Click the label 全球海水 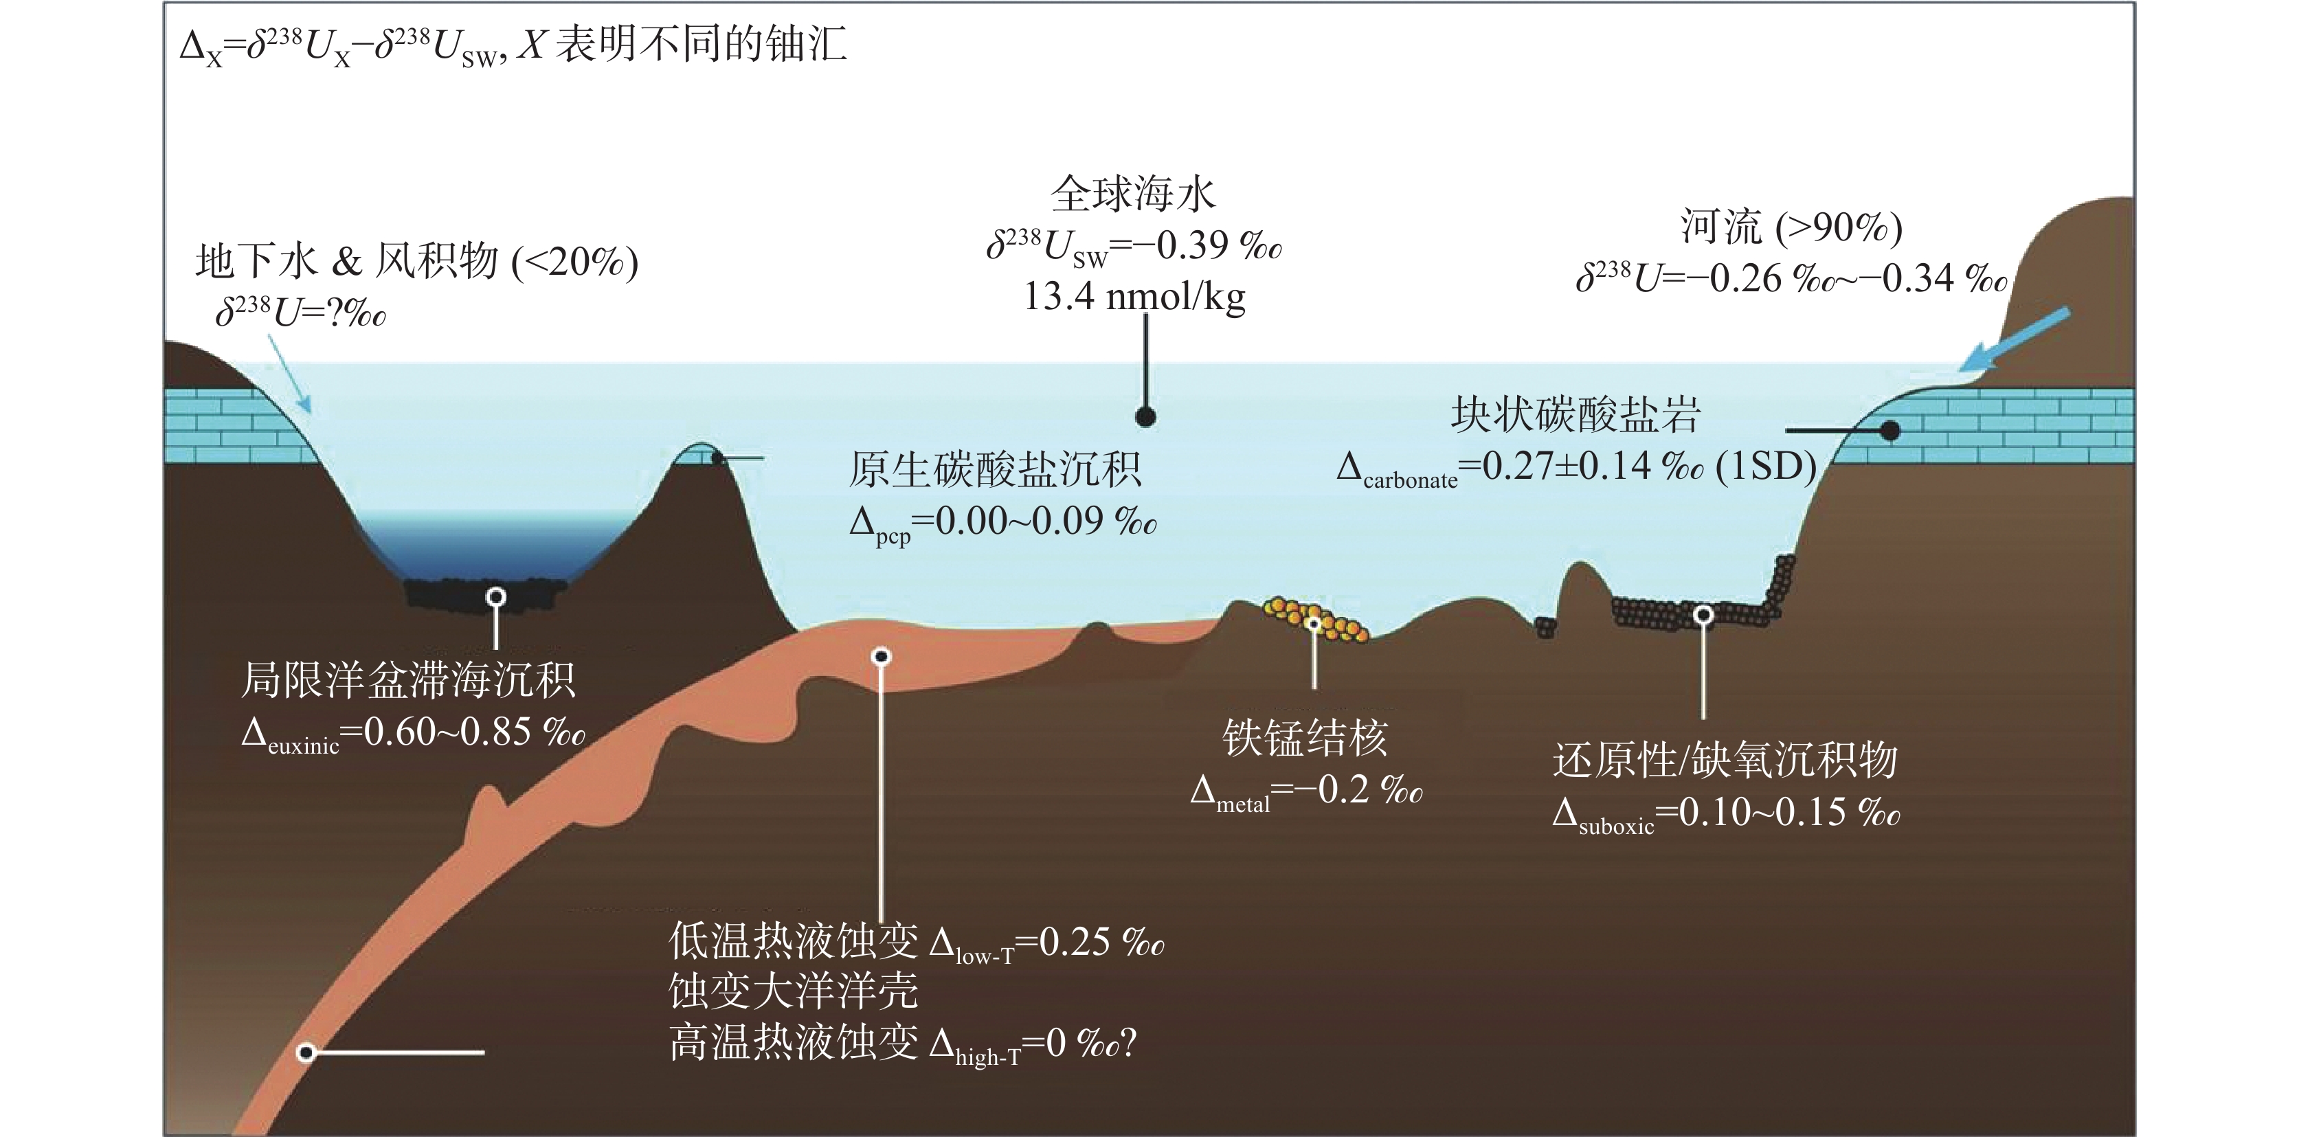(1134, 194)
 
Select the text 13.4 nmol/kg (1134, 296)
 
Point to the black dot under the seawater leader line (1146, 417)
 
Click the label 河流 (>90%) (1792, 227)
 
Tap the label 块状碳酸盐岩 (1576, 414)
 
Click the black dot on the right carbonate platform (1889, 431)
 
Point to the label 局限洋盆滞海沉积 (409, 680)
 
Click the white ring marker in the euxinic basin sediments (496, 596)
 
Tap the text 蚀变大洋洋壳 (794, 990)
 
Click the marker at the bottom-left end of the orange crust (306, 1053)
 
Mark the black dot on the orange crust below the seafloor (881, 657)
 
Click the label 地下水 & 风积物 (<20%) (417, 262)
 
